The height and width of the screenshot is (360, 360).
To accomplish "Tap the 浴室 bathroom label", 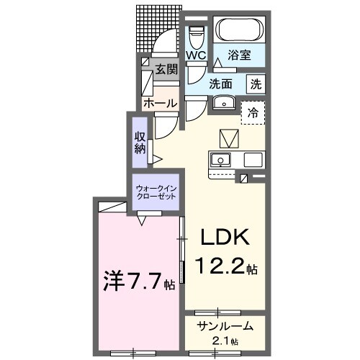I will click(x=239, y=54).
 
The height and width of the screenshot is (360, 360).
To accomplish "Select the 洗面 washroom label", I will click(x=222, y=83).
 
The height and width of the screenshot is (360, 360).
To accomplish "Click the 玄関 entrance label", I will click(x=166, y=69).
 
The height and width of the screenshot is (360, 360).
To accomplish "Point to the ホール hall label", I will click(x=160, y=104).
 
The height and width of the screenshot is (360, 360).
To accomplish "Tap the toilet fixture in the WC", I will click(x=196, y=33).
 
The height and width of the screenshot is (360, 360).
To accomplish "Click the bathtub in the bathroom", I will click(x=241, y=30).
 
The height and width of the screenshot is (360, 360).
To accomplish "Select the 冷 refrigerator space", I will click(x=253, y=112).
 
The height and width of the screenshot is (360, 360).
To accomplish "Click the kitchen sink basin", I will click(x=220, y=159).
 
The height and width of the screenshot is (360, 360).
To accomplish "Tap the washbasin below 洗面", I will click(x=225, y=102).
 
